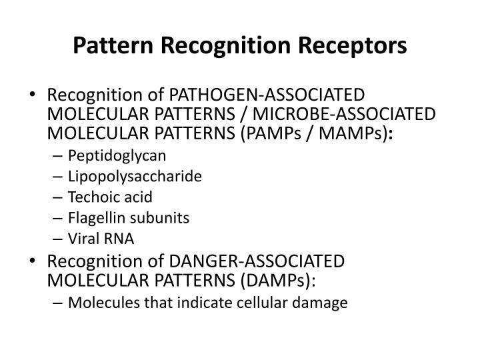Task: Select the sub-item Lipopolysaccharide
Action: (x=135, y=177)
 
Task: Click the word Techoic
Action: (x=93, y=197)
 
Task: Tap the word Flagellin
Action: (x=95, y=218)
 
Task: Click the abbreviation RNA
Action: (x=121, y=239)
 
